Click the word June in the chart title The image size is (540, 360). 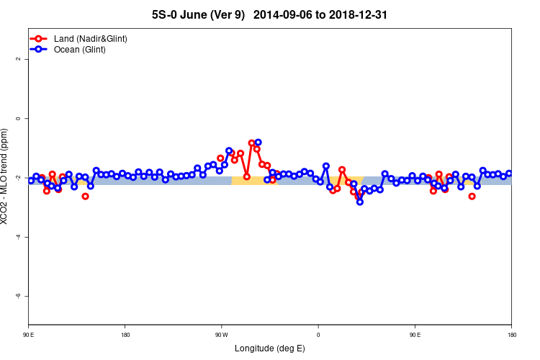click(x=199, y=14)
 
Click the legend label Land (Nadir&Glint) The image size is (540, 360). click(x=91, y=38)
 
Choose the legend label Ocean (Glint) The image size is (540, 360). click(x=80, y=50)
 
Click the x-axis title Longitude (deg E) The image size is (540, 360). click(x=270, y=348)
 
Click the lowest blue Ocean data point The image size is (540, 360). click(x=360, y=202)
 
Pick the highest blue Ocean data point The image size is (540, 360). click(x=258, y=143)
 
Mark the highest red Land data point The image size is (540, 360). click(x=251, y=143)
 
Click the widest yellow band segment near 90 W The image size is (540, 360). click(x=254, y=181)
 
